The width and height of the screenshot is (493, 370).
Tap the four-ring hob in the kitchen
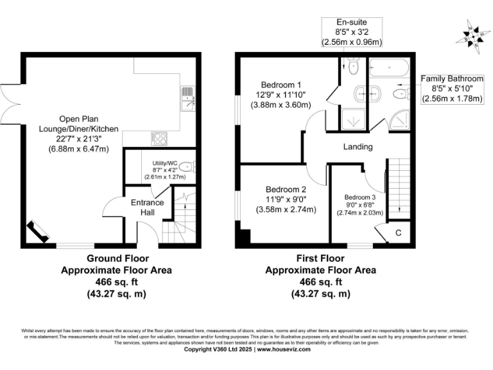[159, 138]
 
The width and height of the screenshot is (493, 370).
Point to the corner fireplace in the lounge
[36, 232]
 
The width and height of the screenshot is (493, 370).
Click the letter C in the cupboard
[398, 233]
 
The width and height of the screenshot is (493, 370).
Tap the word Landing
[358, 146]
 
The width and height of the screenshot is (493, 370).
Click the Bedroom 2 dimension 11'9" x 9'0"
[286, 200]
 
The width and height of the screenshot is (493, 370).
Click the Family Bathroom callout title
[452, 78]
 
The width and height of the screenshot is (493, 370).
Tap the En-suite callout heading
[352, 22]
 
